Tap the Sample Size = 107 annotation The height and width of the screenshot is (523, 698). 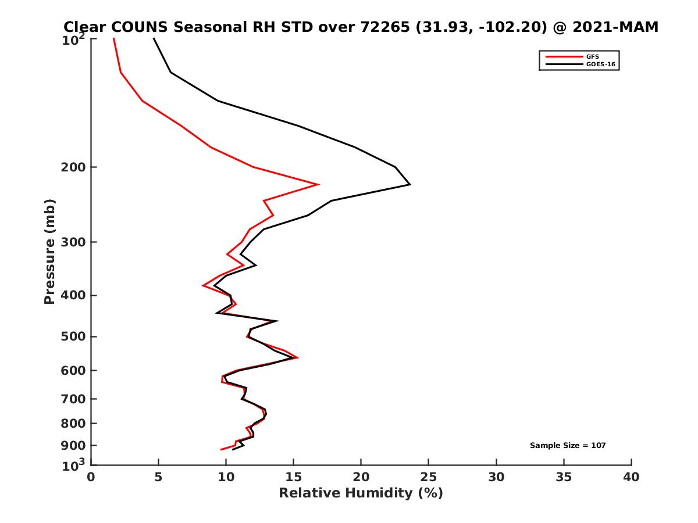pos(568,445)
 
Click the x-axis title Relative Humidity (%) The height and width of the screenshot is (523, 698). pos(361,493)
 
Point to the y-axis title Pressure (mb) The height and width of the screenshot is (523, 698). pos(49,251)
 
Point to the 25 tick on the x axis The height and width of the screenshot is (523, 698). pos(429,477)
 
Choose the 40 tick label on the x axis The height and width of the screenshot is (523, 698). pos(631,477)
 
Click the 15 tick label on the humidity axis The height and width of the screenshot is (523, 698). pos(294,477)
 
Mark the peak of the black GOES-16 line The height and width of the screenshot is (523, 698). pos(410,184)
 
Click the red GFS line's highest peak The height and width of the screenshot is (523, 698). pos(318,184)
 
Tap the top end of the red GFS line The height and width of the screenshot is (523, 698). pos(113,38)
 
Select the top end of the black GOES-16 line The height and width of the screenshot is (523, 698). pos(154,38)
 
